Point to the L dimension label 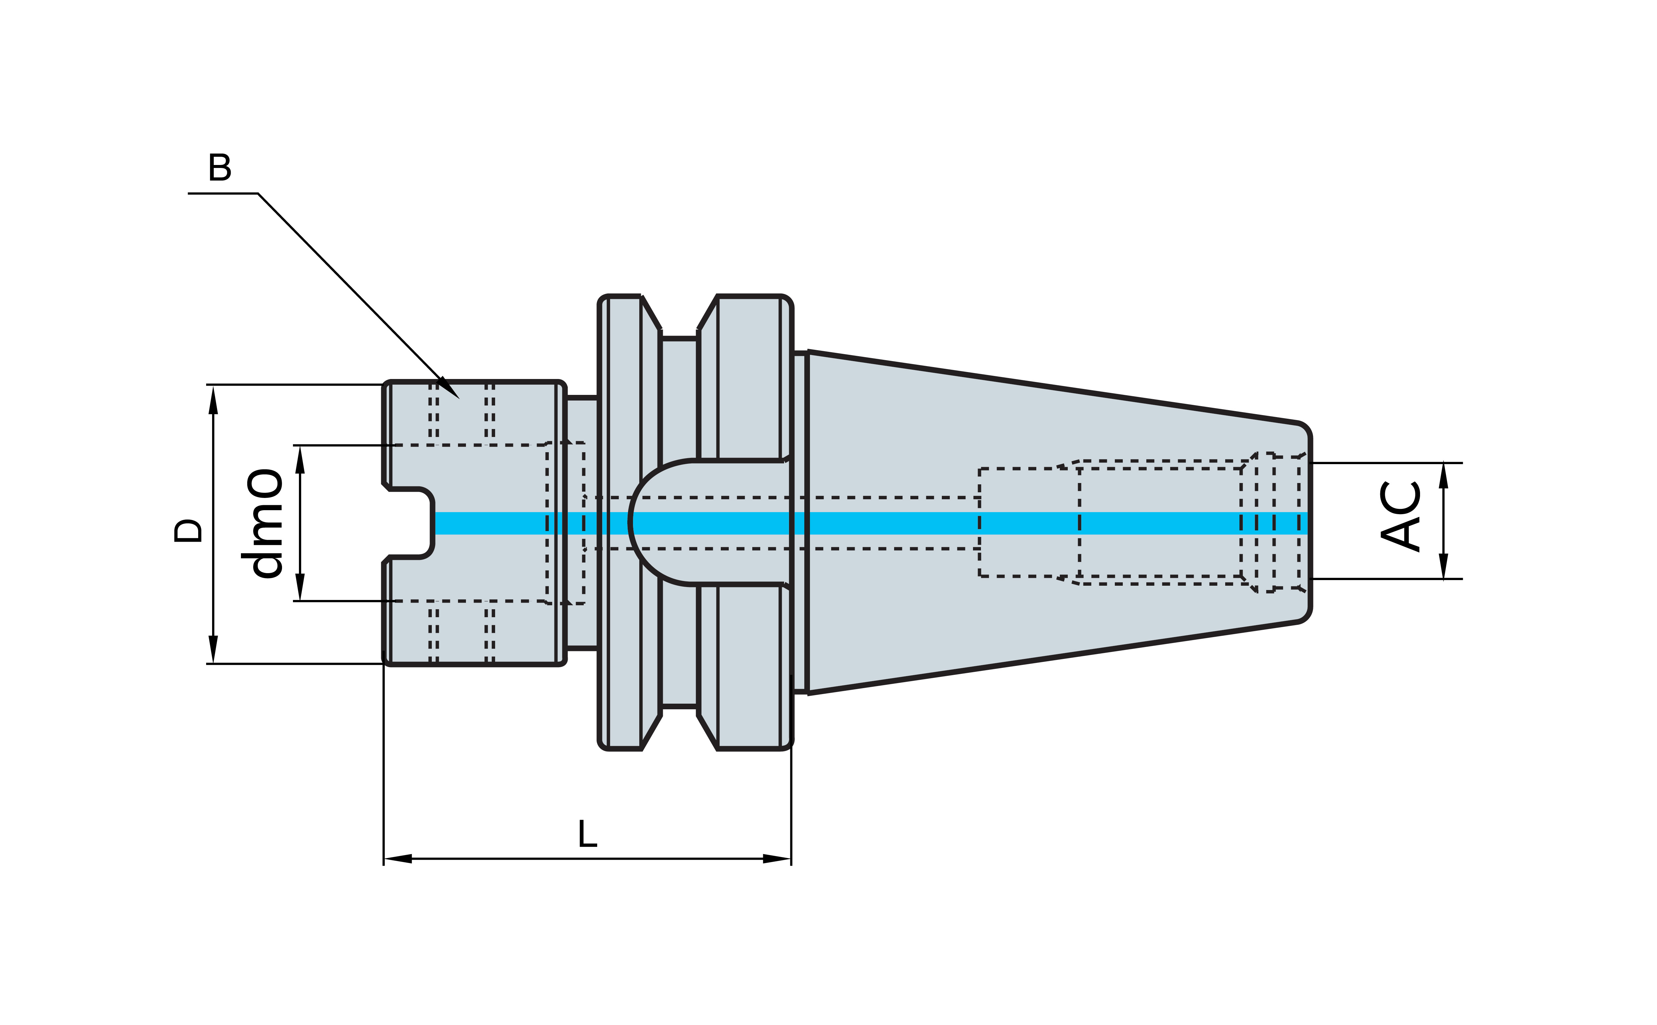click(587, 834)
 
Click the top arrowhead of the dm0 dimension click(300, 459)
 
